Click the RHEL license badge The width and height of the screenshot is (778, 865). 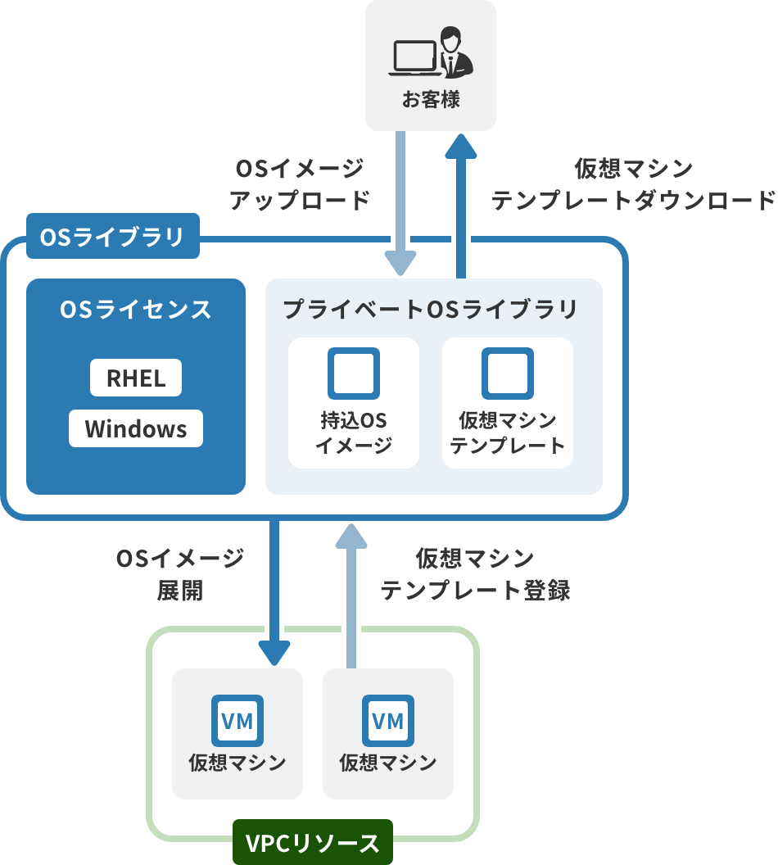click(136, 378)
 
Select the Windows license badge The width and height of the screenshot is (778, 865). click(136, 429)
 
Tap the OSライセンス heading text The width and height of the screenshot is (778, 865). click(136, 310)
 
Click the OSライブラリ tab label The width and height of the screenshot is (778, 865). click(113, 237)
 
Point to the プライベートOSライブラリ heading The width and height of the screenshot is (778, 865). click(431, 310)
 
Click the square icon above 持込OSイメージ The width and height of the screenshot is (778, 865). click(354, 374)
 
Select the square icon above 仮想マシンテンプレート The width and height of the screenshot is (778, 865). click(508, 374)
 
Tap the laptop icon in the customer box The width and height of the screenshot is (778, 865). click(415, 57)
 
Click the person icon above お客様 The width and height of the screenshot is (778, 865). click(451, 51)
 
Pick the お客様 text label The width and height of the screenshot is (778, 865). click(431, 101)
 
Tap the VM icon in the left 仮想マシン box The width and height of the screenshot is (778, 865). click(237, 721)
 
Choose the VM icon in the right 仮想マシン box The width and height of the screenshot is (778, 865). click(388, 721)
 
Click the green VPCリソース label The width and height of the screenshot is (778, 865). click(313, 843)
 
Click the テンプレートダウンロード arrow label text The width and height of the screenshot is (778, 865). click(633, 184)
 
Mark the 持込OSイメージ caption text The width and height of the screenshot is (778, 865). click(354, 433)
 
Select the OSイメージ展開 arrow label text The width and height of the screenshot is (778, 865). click(180, 574)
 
